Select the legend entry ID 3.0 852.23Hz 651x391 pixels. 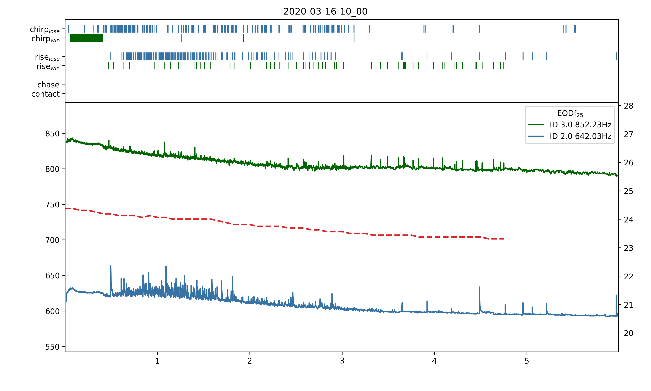tap(580, 125)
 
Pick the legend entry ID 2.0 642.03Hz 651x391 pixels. tap(580, 136)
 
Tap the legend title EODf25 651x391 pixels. tap(570, 114)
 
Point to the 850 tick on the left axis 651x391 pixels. tap(52, 134)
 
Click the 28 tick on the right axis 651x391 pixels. tap(628, 106)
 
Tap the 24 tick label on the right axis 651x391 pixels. tap(628, 220)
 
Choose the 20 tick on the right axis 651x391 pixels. tap(628, 333)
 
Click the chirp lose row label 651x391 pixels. tap(45, 29)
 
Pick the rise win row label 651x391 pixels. tap(48, 66)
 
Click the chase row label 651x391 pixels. tap(48, 85)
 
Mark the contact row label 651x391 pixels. tap(46, 94)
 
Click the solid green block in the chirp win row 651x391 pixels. tap(86, 38)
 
